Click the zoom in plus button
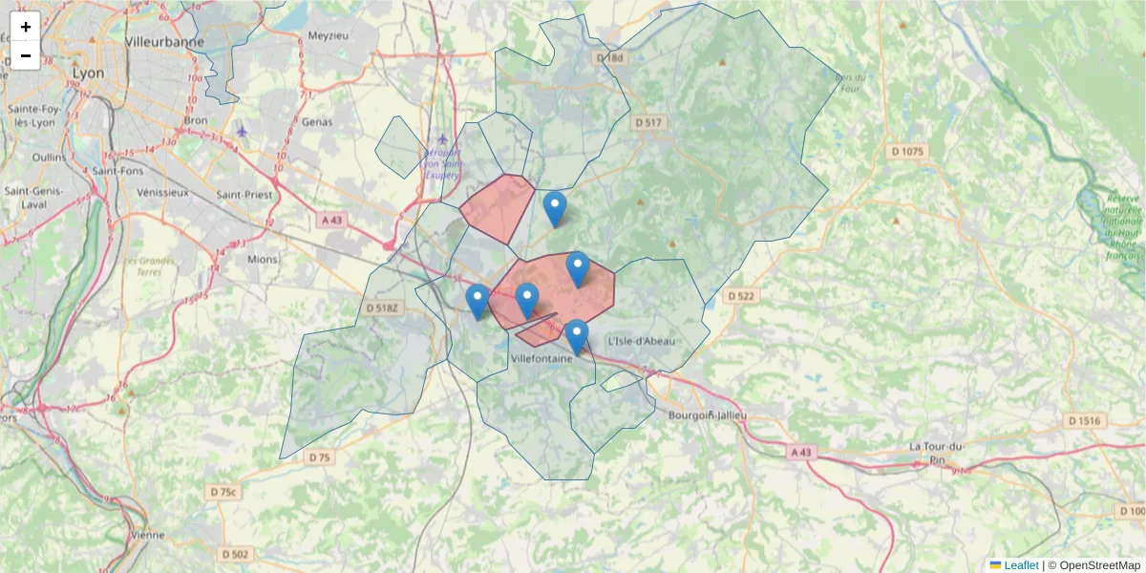point(26,27)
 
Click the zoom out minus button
point(26,55)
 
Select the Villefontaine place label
point(541,359)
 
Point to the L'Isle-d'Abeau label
point(642,340)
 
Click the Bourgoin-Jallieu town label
point(707,415)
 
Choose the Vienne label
point(147,535)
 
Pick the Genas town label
point(317,122)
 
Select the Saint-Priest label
point(244,194)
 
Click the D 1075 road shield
point(907,151)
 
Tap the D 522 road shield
point(740,296)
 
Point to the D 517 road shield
point(647,122)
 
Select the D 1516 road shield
point(1085,420)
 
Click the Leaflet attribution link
point(1020,565)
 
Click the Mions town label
point(262,259)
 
